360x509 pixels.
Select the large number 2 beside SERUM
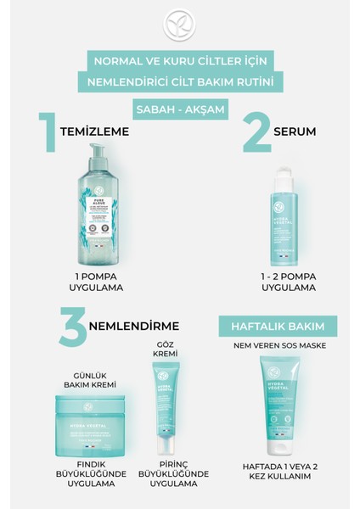click(256, 132)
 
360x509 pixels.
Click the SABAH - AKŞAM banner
click(179, 111)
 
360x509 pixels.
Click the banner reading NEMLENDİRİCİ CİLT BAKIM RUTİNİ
click(179, 83)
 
